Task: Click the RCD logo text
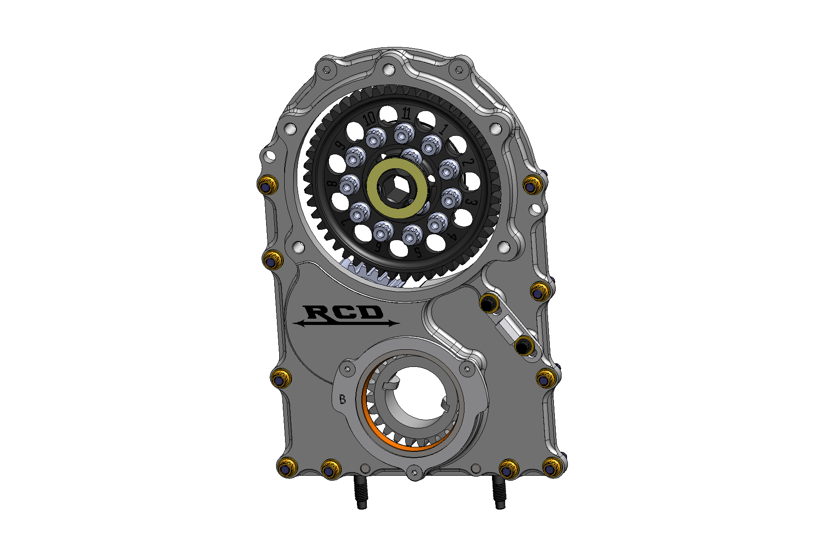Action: pyautogui.click(x=343, y=312)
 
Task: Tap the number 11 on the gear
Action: pyautogui.click(x=406, y=113)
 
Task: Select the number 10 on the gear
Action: pyautogui.click(x=370, y=119)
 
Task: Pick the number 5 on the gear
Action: pyautogui.click(x=418, y=252)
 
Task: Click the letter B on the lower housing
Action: pyautogui.click(x=342, y=399)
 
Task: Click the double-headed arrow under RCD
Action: pyautogui.click(x=346, y=323)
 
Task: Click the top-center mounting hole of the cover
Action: pyautogui.click(x=388, y=70)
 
